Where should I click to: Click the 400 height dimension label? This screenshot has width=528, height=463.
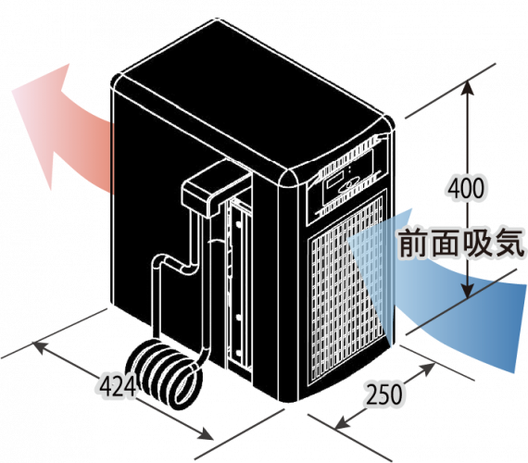tap(466, 188)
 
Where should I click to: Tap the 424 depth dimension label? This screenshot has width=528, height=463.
tap(119, 385)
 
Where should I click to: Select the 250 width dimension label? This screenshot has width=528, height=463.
tap(383, 394)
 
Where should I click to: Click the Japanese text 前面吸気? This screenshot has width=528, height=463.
tap(461, 243)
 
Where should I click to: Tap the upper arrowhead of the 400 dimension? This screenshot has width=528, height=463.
tap(468, 88)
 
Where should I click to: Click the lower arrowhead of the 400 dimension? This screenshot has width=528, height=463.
tap(468, 290)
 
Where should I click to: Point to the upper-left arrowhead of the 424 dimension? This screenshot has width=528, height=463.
tap(38, 347)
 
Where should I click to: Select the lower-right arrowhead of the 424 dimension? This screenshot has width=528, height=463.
tap(206, 434)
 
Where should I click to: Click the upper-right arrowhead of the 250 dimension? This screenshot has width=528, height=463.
tap(428, 368)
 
